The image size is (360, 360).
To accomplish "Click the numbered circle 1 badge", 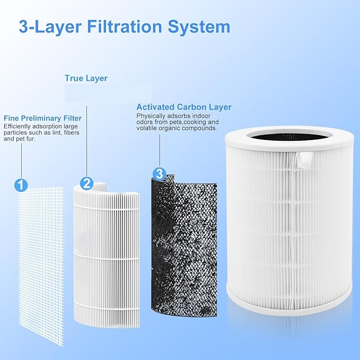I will pyautogui.click(x=20, y=185).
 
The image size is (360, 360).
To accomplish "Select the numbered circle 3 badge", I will pyautogui.click(x=159, y=173).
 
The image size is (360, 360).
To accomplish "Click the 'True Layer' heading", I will pyautogui.click(x=86, y=78).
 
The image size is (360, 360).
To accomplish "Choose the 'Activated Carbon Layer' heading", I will pyautogui.click(x=183, y=107).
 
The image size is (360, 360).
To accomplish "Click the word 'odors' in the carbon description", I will pyautogui.click(x=145, y=122).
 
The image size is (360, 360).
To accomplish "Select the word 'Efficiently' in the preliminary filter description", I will pyautogui.click(x=17, y=126).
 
